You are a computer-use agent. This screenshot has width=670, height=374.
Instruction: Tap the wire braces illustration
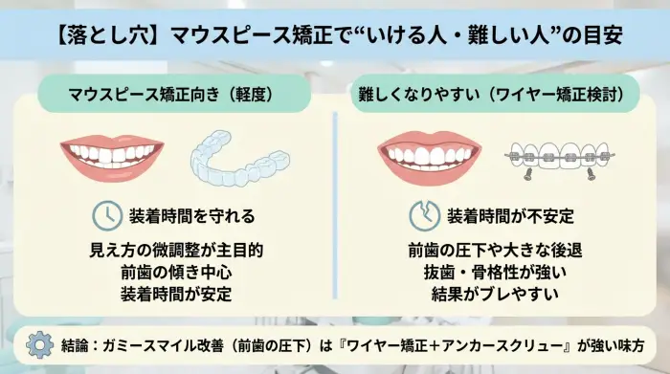click(x=560, y=156)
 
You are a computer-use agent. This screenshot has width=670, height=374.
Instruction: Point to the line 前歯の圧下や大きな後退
click(x=494, y=250)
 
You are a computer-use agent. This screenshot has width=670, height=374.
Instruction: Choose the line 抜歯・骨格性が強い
click(x=494, y=272)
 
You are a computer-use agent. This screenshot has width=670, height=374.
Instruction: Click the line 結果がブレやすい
click(x=494, y=294)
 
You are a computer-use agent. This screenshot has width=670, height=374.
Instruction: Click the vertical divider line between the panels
click(x=334, y=206)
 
